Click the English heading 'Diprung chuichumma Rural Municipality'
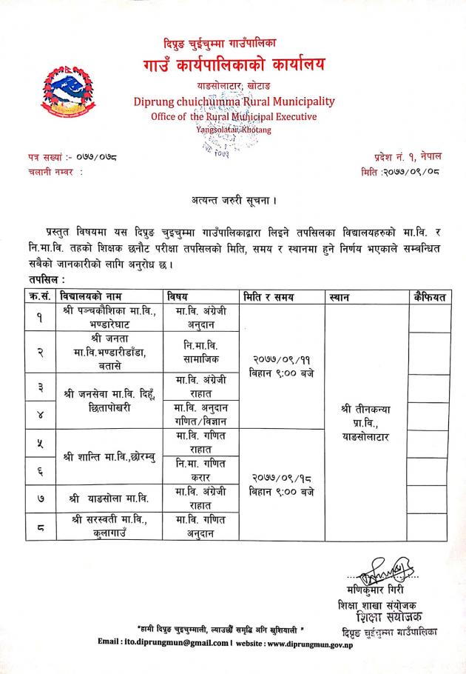pos(234,101)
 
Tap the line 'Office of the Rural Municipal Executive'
pos(233,116)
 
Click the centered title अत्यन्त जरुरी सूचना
pos(233,199)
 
